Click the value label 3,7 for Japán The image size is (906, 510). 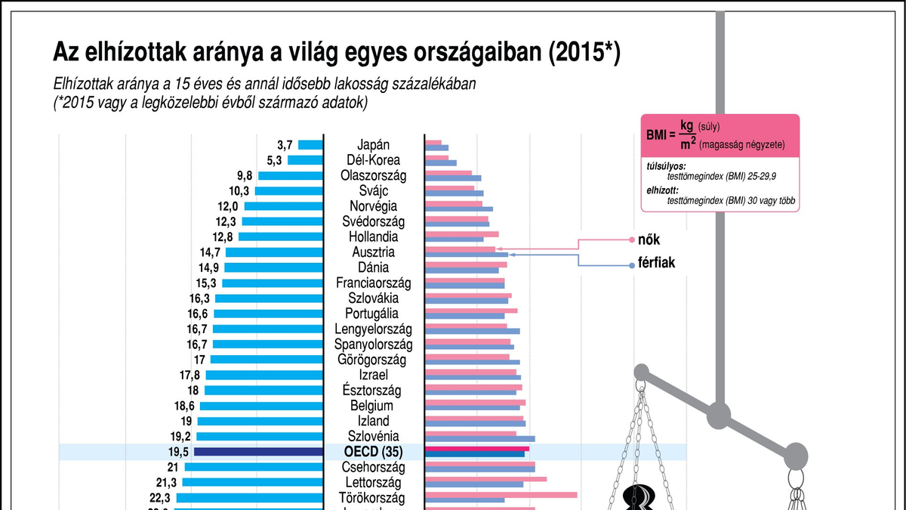tap(285, 144)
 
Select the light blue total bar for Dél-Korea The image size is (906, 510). tap(305, 160)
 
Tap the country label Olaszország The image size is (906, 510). tap(373, 176)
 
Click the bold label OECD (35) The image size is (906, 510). tap(373, 452)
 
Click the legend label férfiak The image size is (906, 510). tap(657, 264)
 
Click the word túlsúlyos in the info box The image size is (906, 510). tap(666, 165)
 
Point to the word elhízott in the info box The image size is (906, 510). tap(662, 190)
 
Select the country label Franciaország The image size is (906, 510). tap(373, 283)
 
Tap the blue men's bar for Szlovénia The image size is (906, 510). tap(479, 439)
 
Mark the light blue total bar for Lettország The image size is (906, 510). tap(253, 482)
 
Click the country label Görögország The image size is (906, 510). tap(373, 360)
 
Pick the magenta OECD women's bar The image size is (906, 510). tap(477, 448)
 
